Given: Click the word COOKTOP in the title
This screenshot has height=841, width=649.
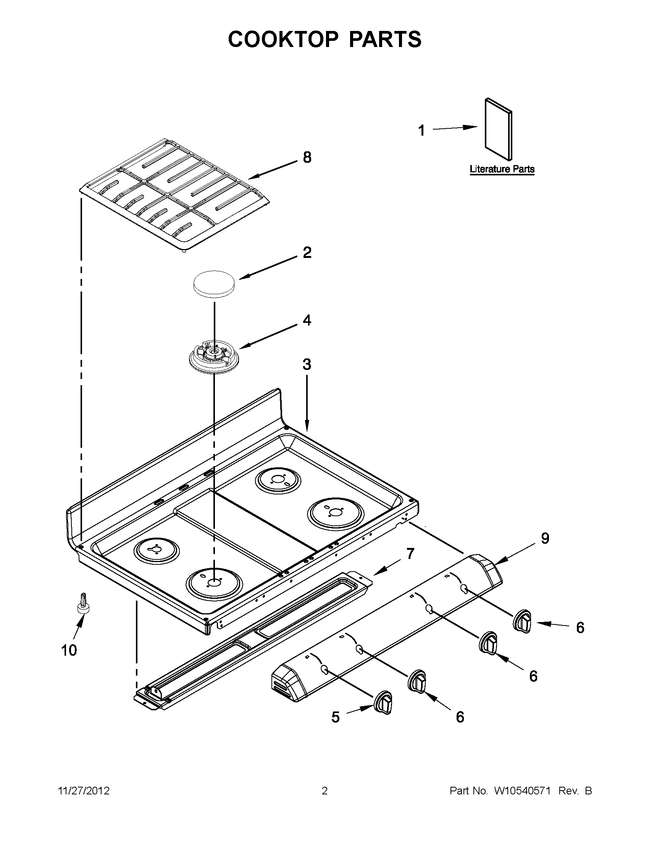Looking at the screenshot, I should coord(283,39).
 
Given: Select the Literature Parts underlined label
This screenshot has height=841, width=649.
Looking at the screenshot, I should coord(502,169).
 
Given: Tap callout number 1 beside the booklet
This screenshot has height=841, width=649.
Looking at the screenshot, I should coord(422,131).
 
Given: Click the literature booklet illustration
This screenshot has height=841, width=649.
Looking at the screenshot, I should coord(499,129).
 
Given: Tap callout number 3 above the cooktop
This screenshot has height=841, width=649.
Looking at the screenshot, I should coord(307,364).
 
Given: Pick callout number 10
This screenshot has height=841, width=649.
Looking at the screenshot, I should coord(69,650).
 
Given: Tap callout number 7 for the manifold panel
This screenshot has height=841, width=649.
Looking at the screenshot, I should coord(410,554).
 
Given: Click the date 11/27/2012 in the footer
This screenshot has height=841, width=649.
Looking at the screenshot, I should coord(84,791).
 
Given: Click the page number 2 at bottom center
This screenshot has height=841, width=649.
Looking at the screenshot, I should coord(324,791).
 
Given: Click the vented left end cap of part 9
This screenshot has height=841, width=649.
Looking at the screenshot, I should coord(286,685).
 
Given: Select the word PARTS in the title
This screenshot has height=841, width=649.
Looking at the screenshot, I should coord(385,39).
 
